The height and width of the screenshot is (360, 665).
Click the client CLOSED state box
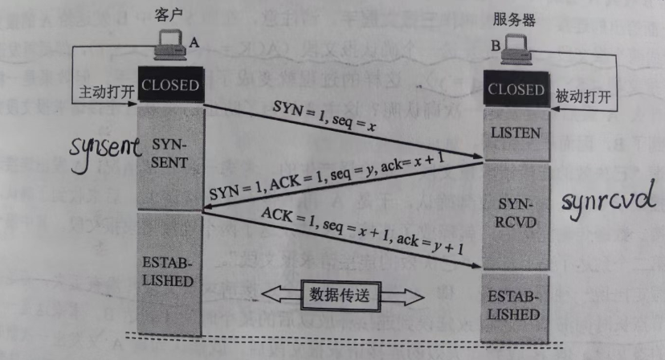[169, 84]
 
